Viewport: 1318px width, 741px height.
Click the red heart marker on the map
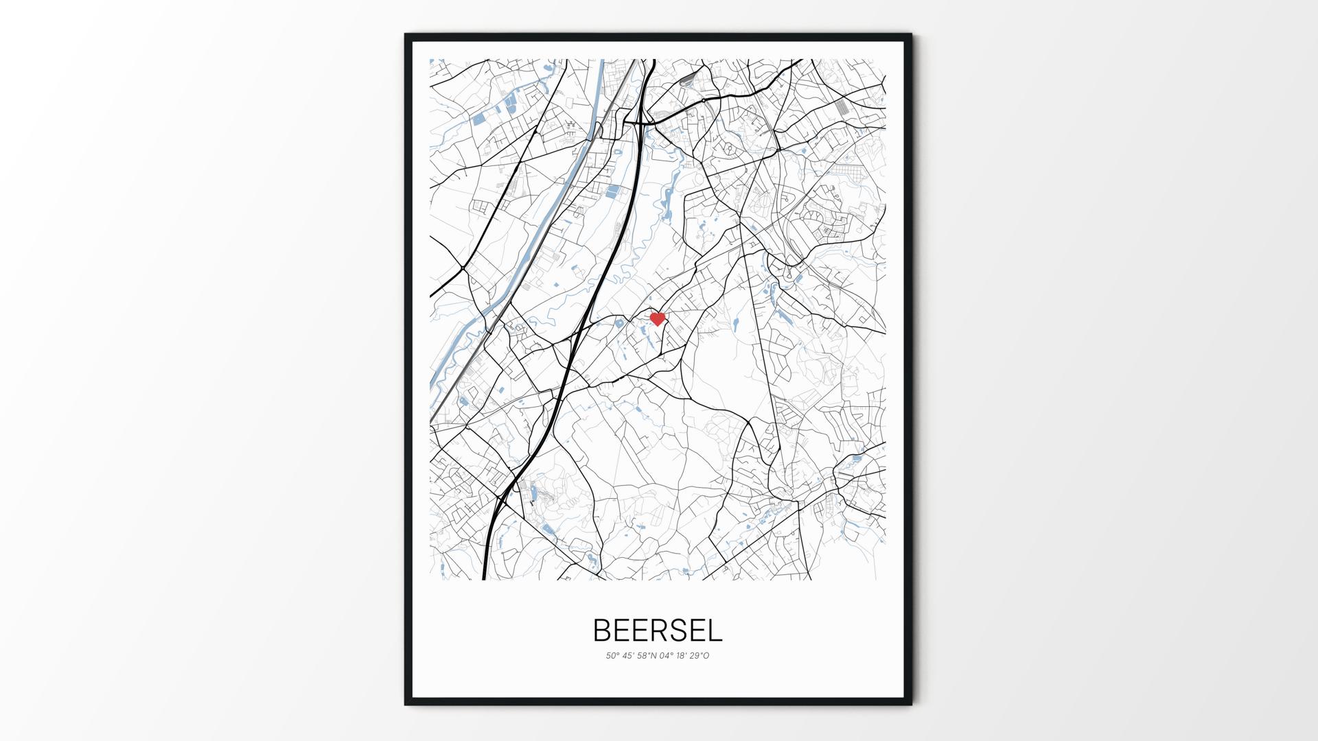[658, 319]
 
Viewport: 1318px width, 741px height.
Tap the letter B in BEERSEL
[601, 631]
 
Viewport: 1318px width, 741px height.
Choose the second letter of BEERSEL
[621, 631]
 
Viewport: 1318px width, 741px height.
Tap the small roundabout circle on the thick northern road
[704, 101]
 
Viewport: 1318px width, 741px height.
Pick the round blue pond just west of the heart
[619, 323]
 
